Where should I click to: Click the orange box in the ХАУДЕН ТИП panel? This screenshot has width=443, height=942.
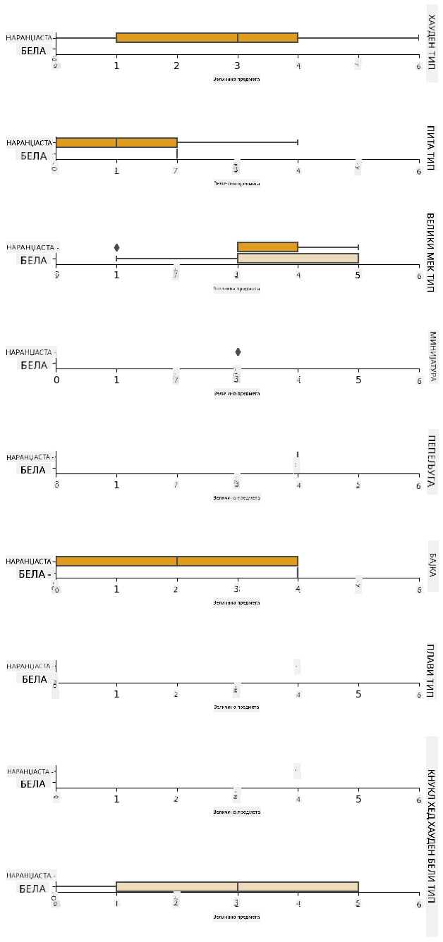[207, 37]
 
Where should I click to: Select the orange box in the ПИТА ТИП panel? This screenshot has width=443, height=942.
[116, 142]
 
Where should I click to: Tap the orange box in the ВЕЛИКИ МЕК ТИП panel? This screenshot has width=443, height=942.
[268, 247]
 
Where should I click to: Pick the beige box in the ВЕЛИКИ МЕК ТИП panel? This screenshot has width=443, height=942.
[298, 258]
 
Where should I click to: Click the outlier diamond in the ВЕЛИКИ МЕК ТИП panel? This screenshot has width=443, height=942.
[116, 247]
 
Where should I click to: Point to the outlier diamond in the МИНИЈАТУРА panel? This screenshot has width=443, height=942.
[238, 352]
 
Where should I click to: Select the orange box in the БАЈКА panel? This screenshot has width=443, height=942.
[177, 561]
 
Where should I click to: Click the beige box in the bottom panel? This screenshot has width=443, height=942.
[237, 886]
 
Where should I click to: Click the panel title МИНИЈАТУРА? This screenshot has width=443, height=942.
[432, 357]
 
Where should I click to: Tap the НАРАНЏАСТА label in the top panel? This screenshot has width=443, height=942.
[29, 37]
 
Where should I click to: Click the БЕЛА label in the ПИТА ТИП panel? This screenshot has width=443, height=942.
[33, 156]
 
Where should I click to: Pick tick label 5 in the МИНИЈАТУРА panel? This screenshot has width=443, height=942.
[358, 380]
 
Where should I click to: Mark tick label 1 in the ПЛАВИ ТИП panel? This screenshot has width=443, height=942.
[117, 694]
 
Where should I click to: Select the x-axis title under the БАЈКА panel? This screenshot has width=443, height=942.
[236, 602]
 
